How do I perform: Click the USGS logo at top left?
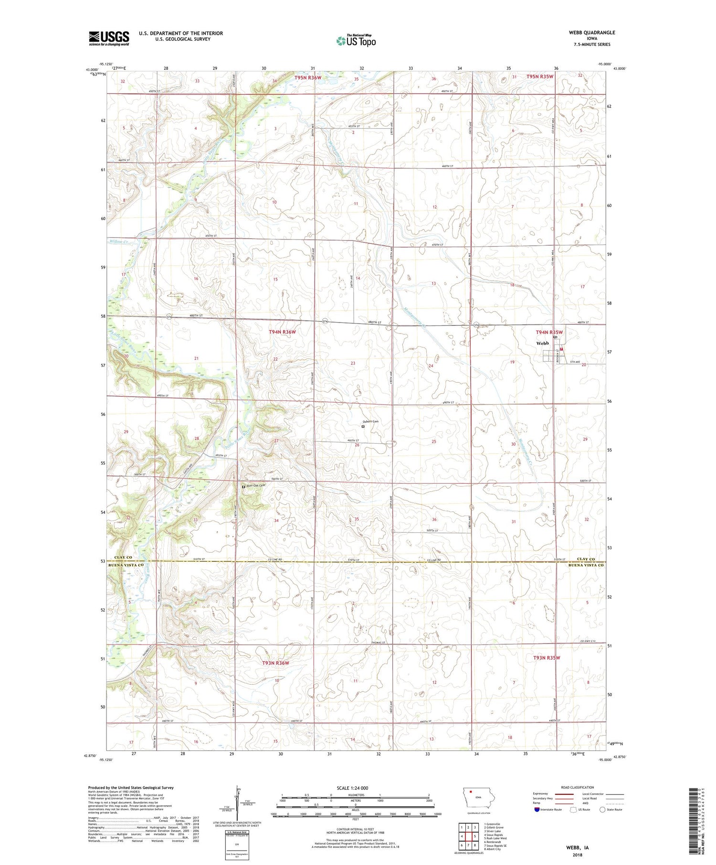click(x=109, y=38)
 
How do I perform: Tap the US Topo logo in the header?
click(x=356, y=41)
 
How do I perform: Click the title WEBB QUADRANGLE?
click(x=592, y=32)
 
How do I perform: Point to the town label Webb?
click(x=542, y=343)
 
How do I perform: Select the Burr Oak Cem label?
click(x=255, y=486)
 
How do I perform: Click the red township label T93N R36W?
click(x=275, y=663)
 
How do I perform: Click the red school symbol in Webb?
click(x=561, y=349)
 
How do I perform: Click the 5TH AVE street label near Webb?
click(x=574, y=362)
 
